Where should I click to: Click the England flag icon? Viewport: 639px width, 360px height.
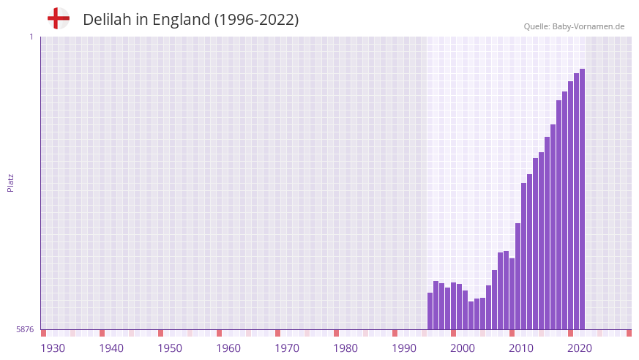pos(58,18)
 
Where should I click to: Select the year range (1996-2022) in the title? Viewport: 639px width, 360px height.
pos(256,20)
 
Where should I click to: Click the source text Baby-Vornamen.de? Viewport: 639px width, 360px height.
pos(588,26)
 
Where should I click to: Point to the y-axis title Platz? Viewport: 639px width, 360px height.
pos(10,183)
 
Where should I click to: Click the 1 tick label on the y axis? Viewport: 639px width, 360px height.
pos(31,37)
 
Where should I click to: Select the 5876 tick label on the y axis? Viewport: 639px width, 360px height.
pos(25,330)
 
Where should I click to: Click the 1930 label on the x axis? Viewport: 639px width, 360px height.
pos(53,348)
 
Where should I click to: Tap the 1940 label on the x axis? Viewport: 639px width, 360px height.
pos(111,348)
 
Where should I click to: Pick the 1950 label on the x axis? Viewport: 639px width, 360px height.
pos(170,348)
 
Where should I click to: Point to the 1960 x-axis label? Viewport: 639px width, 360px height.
pos(228,348)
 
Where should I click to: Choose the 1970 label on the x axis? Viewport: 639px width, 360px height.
pos(287,348)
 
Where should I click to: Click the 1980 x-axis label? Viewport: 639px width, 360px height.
pos(345,348)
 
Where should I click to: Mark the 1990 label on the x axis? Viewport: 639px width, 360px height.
pos(404,348)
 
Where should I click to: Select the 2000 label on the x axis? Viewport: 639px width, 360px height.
pos(463,348)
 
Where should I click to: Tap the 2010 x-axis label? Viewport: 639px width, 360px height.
pos(521,348)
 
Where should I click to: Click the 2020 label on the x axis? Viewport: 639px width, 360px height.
pos(580,348)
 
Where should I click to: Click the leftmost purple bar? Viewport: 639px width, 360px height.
pos(430,311)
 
